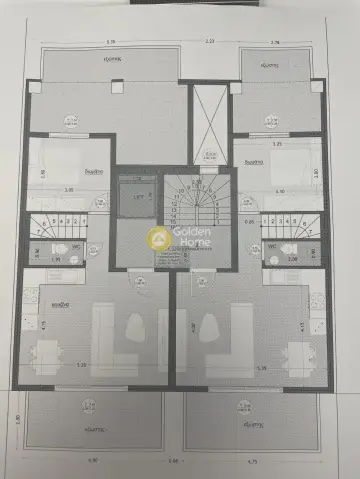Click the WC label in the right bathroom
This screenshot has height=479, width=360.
point(272,244)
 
